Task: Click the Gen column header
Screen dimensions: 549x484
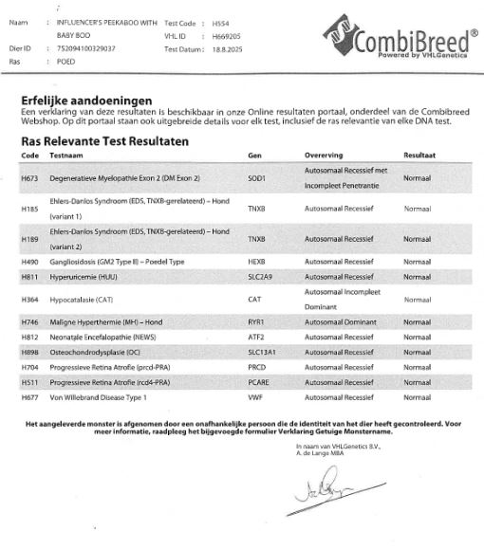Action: [x=253, y=154]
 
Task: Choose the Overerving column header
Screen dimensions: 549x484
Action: [x=325, y=154]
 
